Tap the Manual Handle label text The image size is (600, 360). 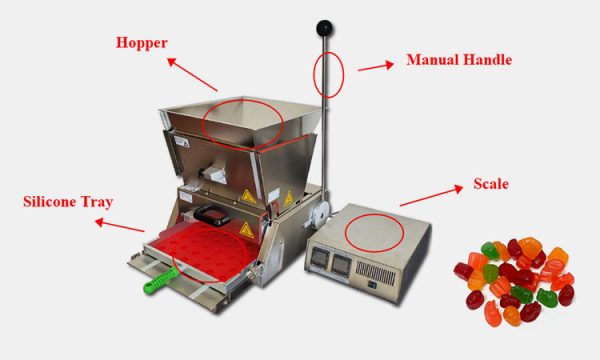click(x=459, y=60)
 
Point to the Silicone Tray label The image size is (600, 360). click(x=68, y=202)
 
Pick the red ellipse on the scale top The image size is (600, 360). click(x=375, y=231)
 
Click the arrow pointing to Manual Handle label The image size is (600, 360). click(x=375, y=66)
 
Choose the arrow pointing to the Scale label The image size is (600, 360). click(x=429, y=198)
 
